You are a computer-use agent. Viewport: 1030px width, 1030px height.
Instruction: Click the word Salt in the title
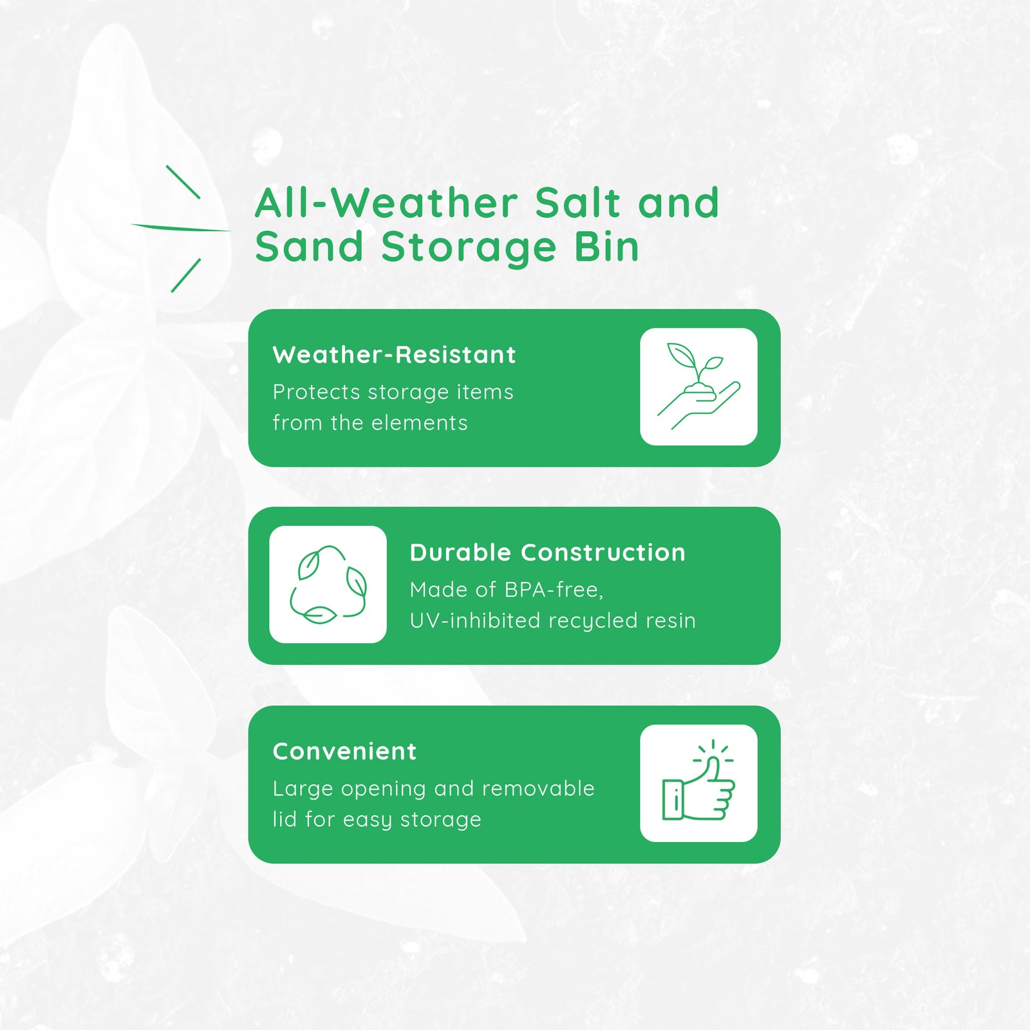tap(577, 203)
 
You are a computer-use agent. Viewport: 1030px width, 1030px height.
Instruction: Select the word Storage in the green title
tap(469, 248)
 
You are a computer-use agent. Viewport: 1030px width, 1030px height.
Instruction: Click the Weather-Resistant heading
tap(394, 355)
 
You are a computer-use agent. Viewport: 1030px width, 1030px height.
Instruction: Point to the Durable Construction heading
tap(548, 552)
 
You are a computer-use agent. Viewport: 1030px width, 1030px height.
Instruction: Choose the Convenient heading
tap(344, 751)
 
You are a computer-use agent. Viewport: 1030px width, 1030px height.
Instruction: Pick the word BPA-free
tap(554, 590)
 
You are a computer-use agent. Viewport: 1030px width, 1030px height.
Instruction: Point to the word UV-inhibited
tap(475, 621)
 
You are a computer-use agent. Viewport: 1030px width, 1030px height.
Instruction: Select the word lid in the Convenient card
tap(284, 819)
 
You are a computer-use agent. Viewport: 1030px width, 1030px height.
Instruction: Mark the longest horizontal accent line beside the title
tap(181, 227)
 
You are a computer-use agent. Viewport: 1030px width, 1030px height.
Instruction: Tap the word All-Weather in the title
tap(386, 203)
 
